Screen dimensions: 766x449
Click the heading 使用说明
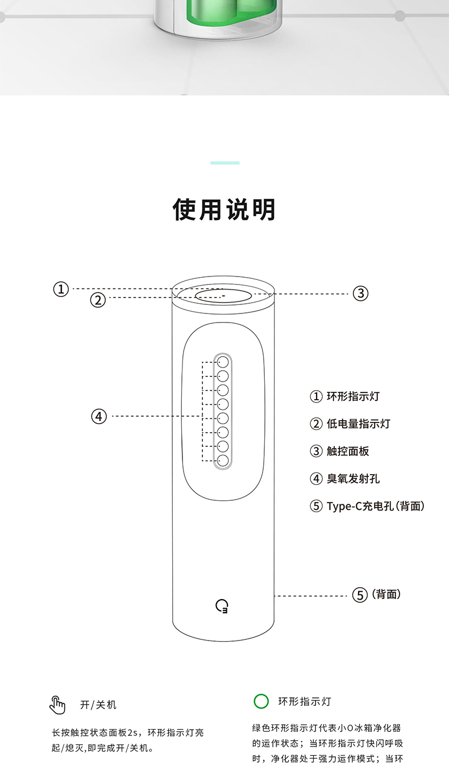[x=224, y=210]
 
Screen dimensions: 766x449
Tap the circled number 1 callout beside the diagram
[x=61, y=289]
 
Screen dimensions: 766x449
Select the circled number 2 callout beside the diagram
[x=98, y=300]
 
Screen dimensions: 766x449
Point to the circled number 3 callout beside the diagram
[x=361, y=294]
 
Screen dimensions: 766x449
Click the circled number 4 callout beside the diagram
[x=99, y=416]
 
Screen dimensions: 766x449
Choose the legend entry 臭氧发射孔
[x=344, y=478]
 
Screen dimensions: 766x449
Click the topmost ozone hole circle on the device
[x=223, y=362]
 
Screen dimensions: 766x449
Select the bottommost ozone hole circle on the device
[x=223, y=461]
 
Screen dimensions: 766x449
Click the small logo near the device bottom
[x=222, y=606]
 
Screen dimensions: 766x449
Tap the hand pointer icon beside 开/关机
[x=57, y=704]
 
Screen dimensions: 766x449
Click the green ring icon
[x=261, y=701]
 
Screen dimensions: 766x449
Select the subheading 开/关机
[x=98, y=705]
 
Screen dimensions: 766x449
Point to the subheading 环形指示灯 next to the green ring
[x=304, y=701]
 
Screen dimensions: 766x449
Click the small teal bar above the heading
[x=224, y=163]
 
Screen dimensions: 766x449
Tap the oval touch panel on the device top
[x=223, y=296]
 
